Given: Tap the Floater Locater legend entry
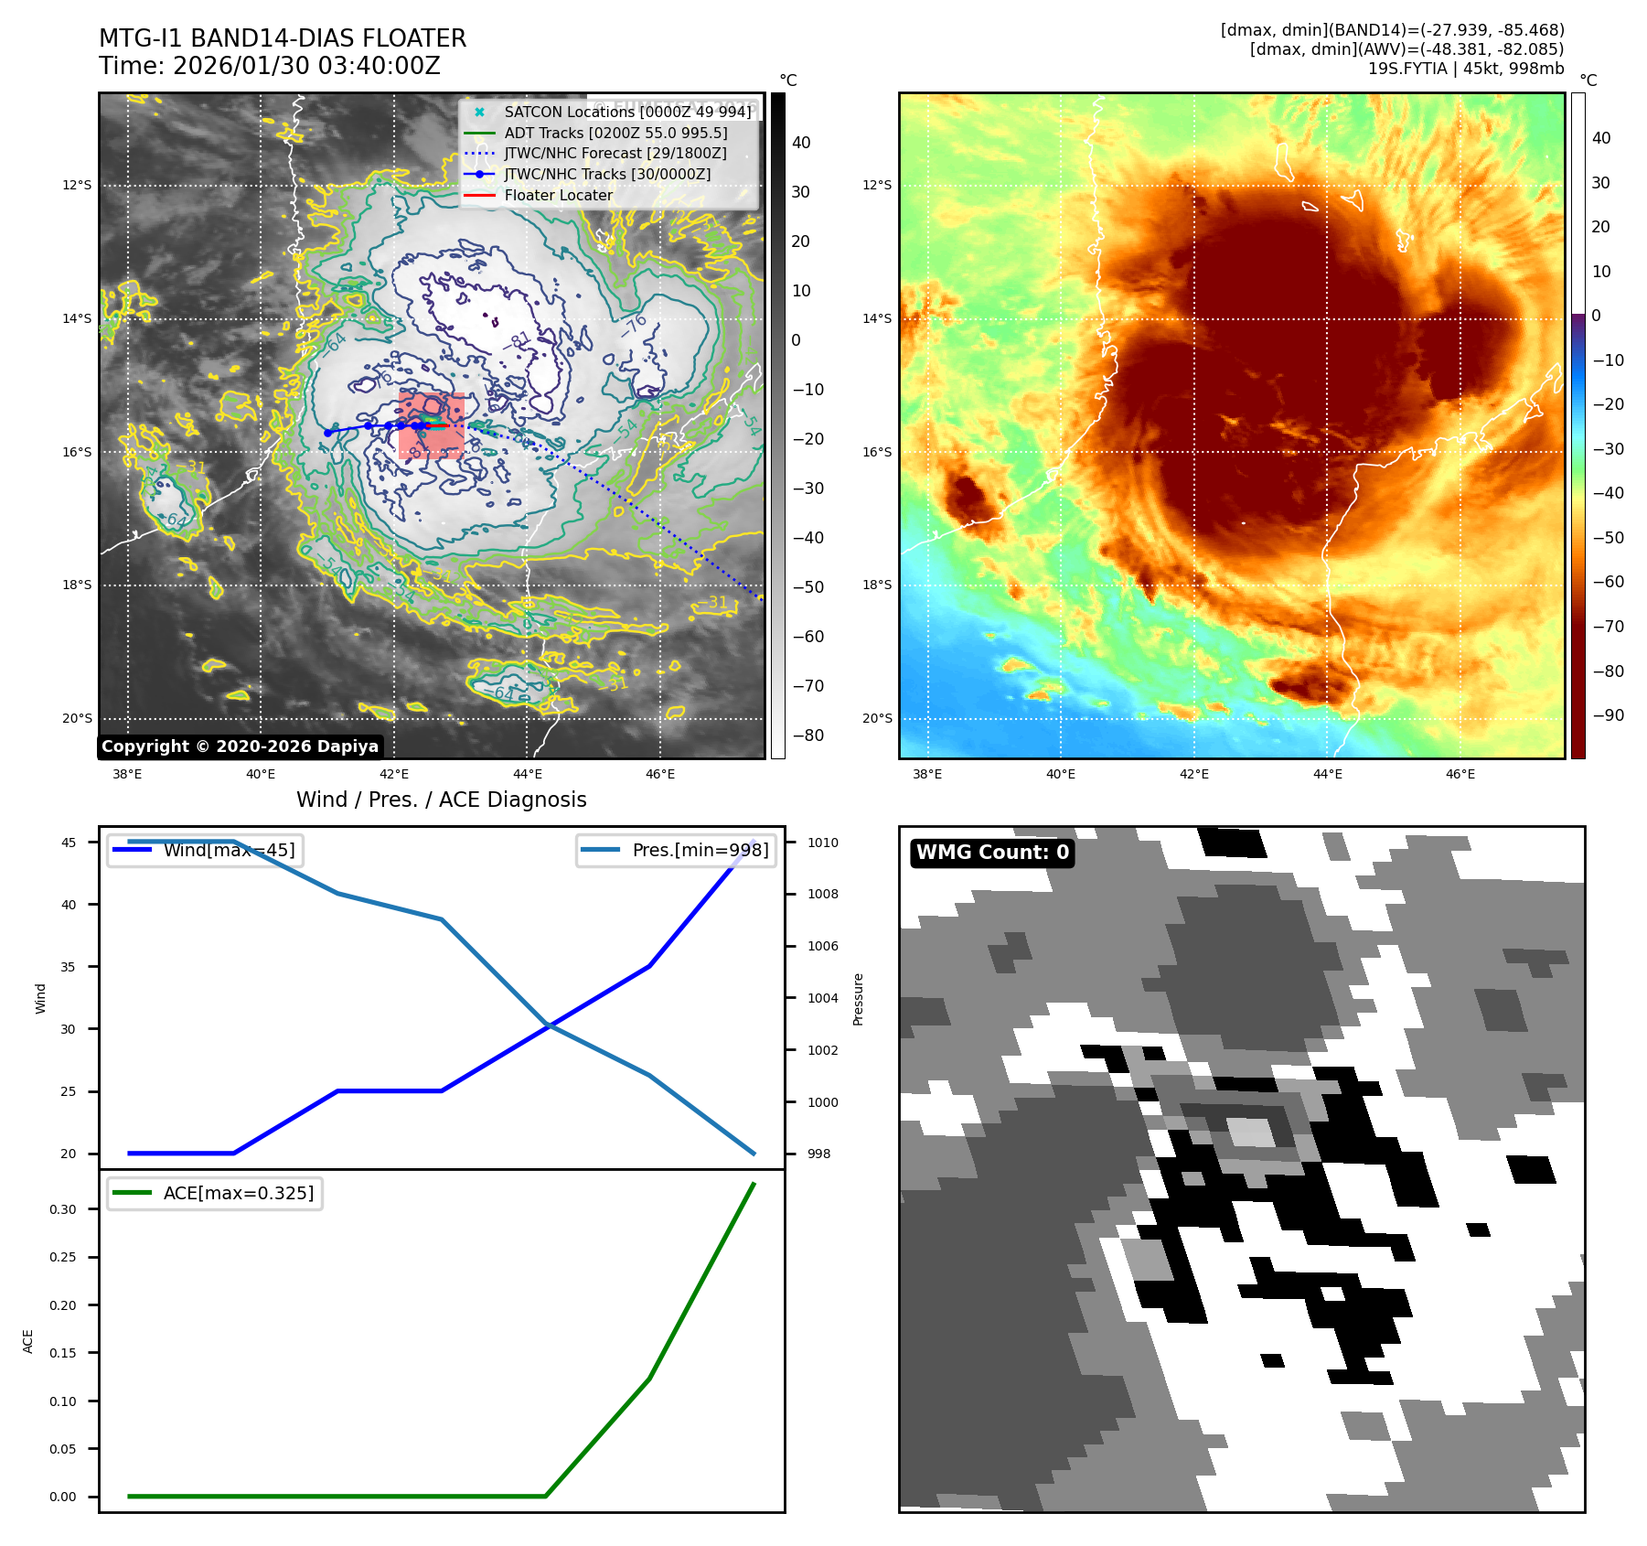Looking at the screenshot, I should pos(558,195).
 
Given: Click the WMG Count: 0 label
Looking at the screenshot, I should pos(992,853).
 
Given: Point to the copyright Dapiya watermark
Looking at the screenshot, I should pos(240,746).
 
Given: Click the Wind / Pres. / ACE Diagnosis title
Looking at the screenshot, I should pos(441,800).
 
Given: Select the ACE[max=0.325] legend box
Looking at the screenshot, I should pos(215,1193).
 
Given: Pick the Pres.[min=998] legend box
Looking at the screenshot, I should pos(677,850).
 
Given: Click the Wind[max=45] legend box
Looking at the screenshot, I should pos(205,850).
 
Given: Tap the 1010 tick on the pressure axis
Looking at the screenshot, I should pos(822,843).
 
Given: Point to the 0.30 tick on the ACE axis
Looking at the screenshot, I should pos(63,1209).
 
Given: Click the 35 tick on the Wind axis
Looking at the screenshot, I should pos(69,967).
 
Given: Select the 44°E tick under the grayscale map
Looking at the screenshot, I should pos(528,774).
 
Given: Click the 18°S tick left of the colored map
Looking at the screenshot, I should pos(876,585).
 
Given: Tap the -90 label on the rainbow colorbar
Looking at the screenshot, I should pos(1608,715).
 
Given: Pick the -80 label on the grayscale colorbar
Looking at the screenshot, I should pos(807,735).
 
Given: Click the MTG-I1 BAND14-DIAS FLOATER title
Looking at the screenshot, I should pos(283,38).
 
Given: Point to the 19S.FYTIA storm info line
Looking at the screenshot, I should pos(1465,69).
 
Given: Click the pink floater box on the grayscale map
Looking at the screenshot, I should pos(432,425).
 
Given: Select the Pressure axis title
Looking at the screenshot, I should pos(858,999).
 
